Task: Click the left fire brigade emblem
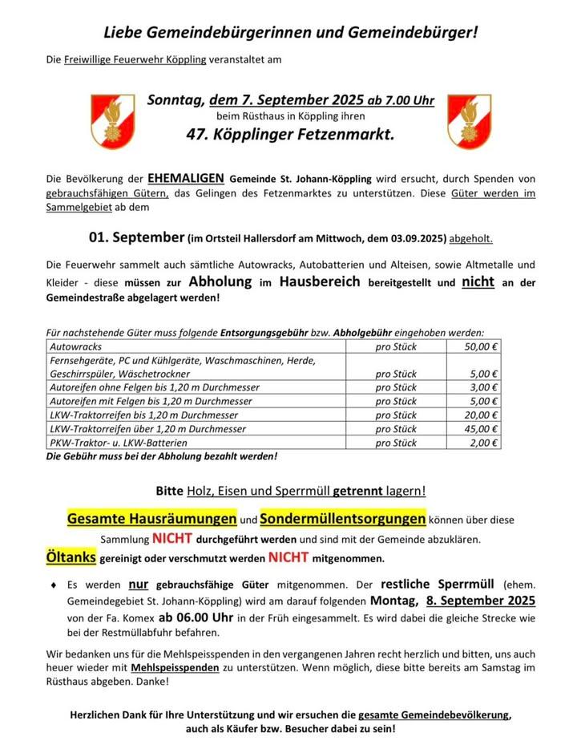[112, 121]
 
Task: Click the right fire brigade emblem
[469, 121]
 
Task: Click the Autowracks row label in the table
[77, 346]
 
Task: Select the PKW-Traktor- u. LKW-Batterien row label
[119, 443]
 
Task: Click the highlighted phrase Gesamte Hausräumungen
[151, 519]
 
